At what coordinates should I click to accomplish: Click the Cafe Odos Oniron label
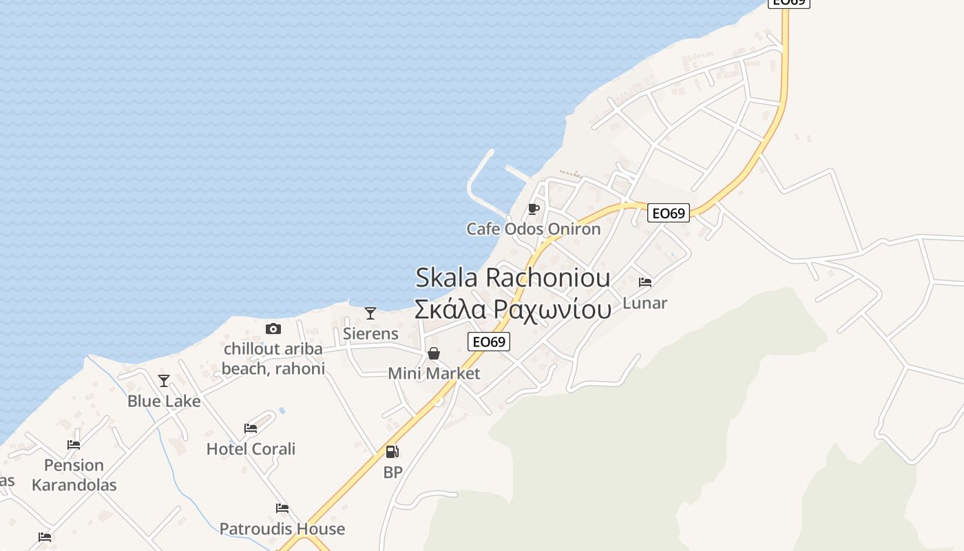pos(534,229)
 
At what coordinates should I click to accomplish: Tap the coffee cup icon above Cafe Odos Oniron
pos(533,209)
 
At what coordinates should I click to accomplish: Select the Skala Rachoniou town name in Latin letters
pos(513,278)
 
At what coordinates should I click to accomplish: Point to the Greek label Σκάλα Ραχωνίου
pos(513,309)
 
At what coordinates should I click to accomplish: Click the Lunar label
pos(645,303)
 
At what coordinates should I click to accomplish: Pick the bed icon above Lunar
pos(645,282)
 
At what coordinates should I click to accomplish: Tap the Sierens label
pos(370,333)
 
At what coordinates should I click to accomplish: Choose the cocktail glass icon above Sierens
pos(370,313)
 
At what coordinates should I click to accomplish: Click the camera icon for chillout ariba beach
pos(273,329)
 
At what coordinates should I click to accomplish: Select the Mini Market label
pos(434,373)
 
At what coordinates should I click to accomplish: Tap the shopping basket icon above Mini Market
pos(434,354)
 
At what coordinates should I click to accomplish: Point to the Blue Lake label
pos(164,401)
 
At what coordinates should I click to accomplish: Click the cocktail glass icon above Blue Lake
pos(164,381)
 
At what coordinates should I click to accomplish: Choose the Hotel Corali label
pos(251,449)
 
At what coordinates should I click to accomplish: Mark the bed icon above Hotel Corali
pos(251,428)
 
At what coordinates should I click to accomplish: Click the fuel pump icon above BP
pos(392,452)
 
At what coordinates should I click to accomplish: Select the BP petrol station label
pos(392,472)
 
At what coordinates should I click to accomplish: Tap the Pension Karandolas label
pos(74,475)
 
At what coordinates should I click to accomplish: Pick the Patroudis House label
pos(282,529)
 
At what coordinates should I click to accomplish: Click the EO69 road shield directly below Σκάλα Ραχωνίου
pos(489,342)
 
